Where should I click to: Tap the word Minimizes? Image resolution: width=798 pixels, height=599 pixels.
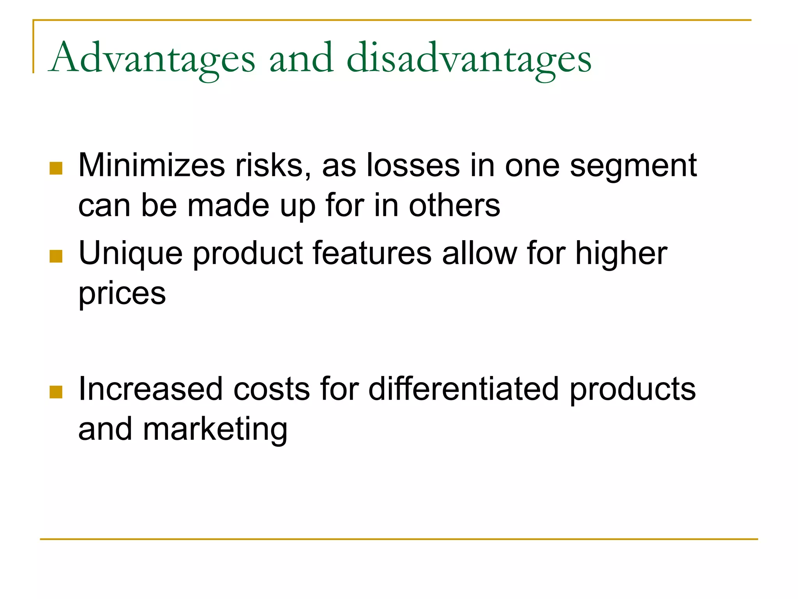152,165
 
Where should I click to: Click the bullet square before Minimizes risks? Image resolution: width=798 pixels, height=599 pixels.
56,168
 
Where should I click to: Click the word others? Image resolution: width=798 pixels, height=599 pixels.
454,206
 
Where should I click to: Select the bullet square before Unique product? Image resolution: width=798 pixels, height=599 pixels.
56,256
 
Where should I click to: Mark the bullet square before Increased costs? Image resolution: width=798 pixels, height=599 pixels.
56,392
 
